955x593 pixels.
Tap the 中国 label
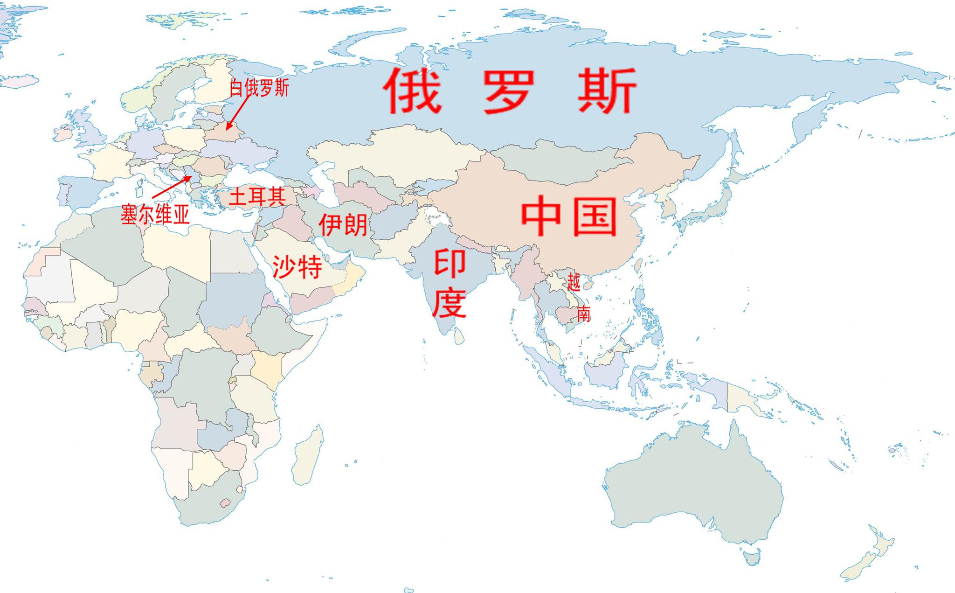[569, 216]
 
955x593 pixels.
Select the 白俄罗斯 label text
[259, 88]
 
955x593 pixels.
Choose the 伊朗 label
[343, 224]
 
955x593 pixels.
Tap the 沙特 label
[297, 267]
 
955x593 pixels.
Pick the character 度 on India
[450, 303]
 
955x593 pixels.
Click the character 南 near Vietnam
[584, 314]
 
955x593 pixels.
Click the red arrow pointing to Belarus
[238, 112]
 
